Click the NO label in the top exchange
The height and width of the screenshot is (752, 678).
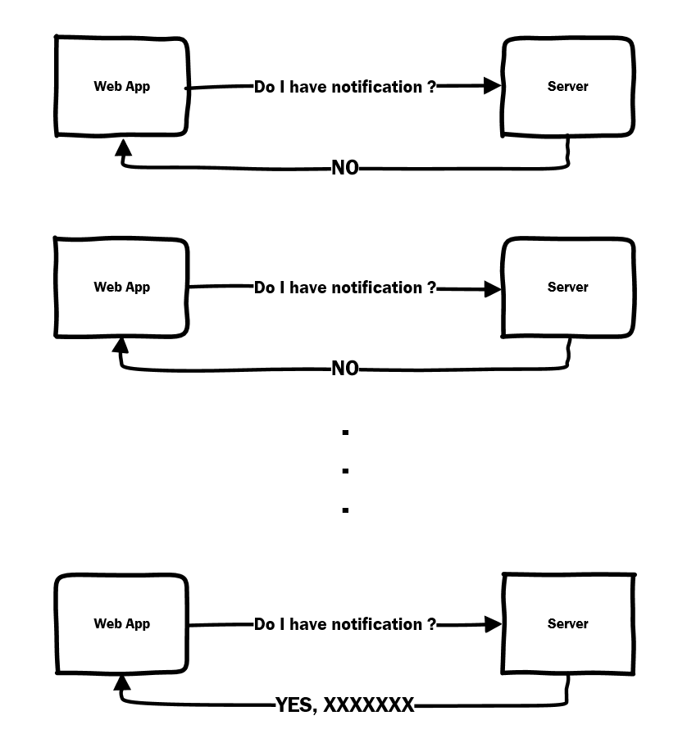pos(345,168)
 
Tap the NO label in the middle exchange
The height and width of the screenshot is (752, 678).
pos(345,369)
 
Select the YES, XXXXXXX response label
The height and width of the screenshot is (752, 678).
pos(344,705)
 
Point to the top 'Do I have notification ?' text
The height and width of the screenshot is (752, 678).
pos(345,87)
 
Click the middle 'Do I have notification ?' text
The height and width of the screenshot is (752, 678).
pos(345,288)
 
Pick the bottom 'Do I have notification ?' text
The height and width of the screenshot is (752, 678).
pos(345,624)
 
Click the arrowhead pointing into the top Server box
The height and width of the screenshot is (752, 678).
pos(492,86)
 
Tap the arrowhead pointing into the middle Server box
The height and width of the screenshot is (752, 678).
pos(493,289)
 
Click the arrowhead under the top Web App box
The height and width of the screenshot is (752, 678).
pos(123,147)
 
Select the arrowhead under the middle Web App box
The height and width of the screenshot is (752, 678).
pos(121,346)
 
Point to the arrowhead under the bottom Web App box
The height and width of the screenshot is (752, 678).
pos(122,682)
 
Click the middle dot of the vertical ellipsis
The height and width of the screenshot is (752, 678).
pos(345,471)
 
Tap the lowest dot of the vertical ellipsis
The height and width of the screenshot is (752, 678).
pos(345,510)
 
